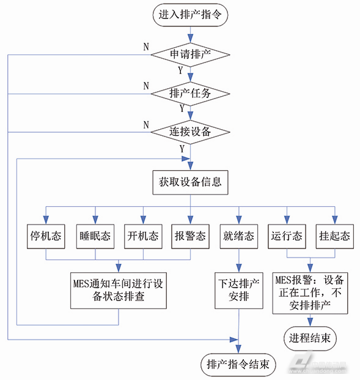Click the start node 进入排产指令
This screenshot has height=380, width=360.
[x=190, y=15]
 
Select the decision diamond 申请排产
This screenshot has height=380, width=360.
[x=190, y=54]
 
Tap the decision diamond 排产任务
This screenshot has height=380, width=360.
[x=190, y=94]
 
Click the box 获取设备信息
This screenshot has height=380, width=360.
[x=190, y=182]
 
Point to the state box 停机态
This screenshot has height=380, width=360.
[x=45, y=236]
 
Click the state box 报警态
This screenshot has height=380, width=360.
[x=189, y=236]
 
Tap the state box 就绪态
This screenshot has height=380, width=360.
[x=238, y=236]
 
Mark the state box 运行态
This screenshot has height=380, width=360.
[x=286, y=236]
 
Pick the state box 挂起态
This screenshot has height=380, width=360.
[x=334, y=236]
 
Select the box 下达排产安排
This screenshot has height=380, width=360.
[x=238, y=291]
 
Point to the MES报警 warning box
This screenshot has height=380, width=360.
[x=310, y=293]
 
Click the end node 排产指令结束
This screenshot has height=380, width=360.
[x=238, y=365]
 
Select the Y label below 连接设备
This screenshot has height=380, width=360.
[x=182, y=148]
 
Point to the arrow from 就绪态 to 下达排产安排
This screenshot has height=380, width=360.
[x=238, y=261]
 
